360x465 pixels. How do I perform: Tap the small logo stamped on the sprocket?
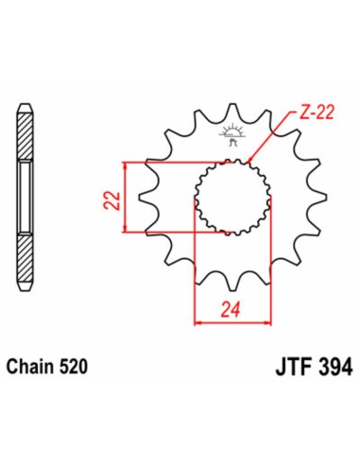[x=228, y=135]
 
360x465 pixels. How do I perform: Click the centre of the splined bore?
[x=229, y=196]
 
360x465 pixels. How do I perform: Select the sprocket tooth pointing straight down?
[x=230, y=281]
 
